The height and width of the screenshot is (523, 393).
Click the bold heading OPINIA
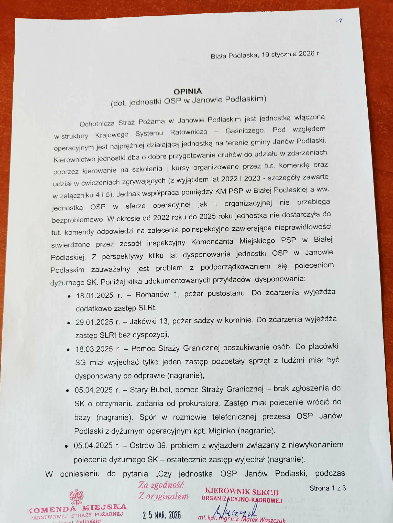click(x=188, y=91)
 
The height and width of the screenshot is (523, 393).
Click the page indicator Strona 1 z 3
click(x=327, y=488)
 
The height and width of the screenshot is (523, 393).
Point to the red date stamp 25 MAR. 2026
click(x=162, y=515)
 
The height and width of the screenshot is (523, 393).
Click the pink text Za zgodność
click(x=161, y=485)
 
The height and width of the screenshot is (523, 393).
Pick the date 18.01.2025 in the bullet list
click(x=94, y=295)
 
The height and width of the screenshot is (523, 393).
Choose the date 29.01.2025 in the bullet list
click(x=94, y=322)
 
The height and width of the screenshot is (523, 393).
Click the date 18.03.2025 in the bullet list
click(x=94, y=349)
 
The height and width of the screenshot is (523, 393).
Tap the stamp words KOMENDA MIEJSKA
click(x=78, y=508)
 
